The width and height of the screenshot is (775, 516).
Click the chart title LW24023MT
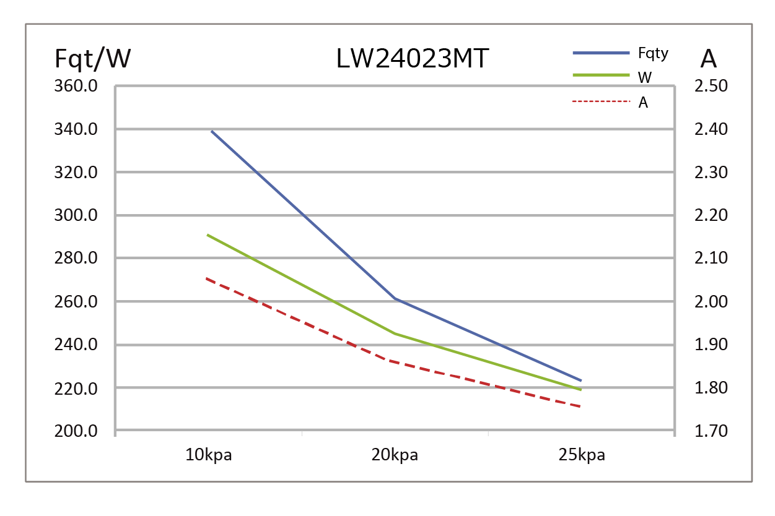tap(413, 59)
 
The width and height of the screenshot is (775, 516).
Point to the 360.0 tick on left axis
tap(77, 86)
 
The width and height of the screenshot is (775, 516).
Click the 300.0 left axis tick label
tap(77, 216)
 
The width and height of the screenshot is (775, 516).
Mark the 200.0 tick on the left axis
tap(77, 431)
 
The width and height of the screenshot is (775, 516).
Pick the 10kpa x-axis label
tap(209, 456)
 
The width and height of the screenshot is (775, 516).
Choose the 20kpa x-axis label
tap(395, 456)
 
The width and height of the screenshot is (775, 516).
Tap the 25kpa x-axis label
tap(581, 456)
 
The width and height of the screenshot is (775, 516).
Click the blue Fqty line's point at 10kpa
tap(211, 131)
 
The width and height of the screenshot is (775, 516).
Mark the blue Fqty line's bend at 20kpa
tap(395, 298)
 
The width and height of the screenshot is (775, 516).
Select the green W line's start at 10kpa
tap(208, 235)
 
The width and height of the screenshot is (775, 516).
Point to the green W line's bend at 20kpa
tap(395, 333)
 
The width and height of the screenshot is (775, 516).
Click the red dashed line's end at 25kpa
tap(580, 406)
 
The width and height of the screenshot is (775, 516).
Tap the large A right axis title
tap(708, 59)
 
